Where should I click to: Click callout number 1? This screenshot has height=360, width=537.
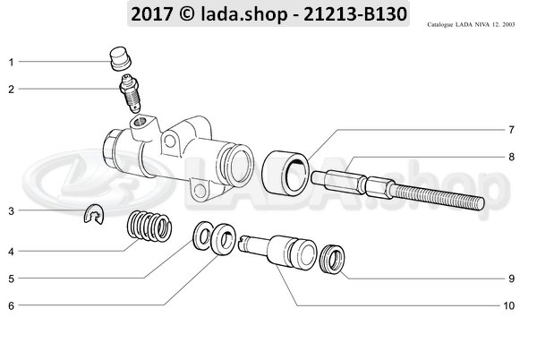pyautogui.click(x=12, y=62)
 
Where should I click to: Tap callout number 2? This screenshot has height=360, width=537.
pyautogui.click(x=12, y=89)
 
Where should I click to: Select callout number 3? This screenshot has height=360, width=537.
pyautogui.click(x=12, y=211)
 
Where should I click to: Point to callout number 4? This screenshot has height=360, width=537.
pyautogui.click(x=12, y=252)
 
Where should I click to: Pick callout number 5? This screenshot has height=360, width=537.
pyautogui.click(x=12, y=279)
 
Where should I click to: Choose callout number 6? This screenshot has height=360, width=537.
pyautogui.click(x=12, y=306)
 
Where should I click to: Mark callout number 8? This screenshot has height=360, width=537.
pyautogui.click(x=511, y=158)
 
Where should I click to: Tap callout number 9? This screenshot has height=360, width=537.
pyautogui.click(x=511, y=279)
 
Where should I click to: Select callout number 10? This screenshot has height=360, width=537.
pyautogui.click(x=508, y=306)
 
